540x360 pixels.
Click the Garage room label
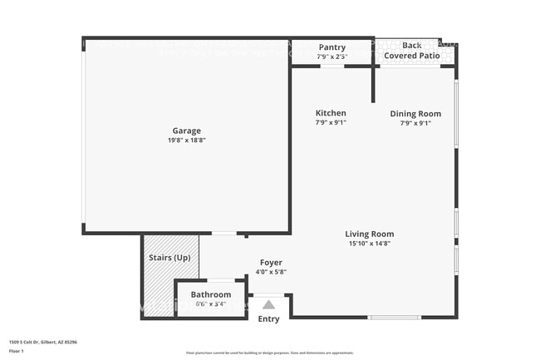tap(186, 131)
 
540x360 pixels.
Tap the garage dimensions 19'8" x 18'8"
tap(186, 141)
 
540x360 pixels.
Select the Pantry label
tap(331, 47)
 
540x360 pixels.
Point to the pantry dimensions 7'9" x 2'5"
tap(331, 57)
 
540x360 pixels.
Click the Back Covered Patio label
tap(411, 51)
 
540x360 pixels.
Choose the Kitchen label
tap(331, 113)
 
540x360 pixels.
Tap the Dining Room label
tap(415, 114)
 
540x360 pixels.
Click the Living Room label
tap(370, 234)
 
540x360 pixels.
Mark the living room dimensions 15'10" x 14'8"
tap(370, 244)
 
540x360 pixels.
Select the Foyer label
tap(271, 263)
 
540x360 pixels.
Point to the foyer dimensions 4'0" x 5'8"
tap(271, 272)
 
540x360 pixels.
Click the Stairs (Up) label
tap(169, 258)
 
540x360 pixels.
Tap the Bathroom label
tap(211, 294)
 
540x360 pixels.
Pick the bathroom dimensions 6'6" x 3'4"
tap(211, 304)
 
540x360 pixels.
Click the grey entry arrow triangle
tap(268, 305)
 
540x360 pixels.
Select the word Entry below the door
tap(268, 319)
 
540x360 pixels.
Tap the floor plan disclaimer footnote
tap(269, 353)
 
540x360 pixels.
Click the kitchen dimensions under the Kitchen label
tap(331, 123)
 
